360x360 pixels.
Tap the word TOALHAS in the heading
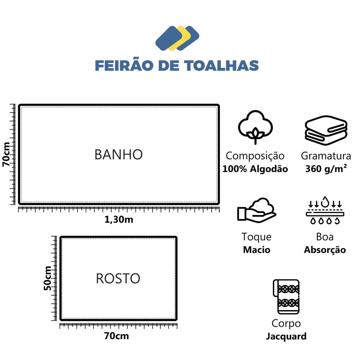click(222, 66)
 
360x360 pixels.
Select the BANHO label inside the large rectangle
click(118, 154)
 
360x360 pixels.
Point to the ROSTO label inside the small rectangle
click(118, 279)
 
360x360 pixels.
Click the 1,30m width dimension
click(119, 220)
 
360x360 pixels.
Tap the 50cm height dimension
click(48, 278)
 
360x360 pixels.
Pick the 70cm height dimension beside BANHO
click(6, 154)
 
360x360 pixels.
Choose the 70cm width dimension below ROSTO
click(116, 336)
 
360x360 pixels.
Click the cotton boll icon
click(255, 127)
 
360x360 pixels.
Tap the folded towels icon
click(326, 130)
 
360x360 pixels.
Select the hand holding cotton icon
click(257, 210)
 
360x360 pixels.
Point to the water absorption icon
click(325, 210)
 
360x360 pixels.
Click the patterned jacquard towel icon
click(286, 297)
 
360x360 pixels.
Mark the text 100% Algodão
click(255, 169)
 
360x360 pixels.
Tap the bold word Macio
click(257, 250)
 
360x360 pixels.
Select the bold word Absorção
click(325, 250)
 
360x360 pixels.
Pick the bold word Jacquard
click(286, 337)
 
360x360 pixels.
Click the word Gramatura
click(326, 156)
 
